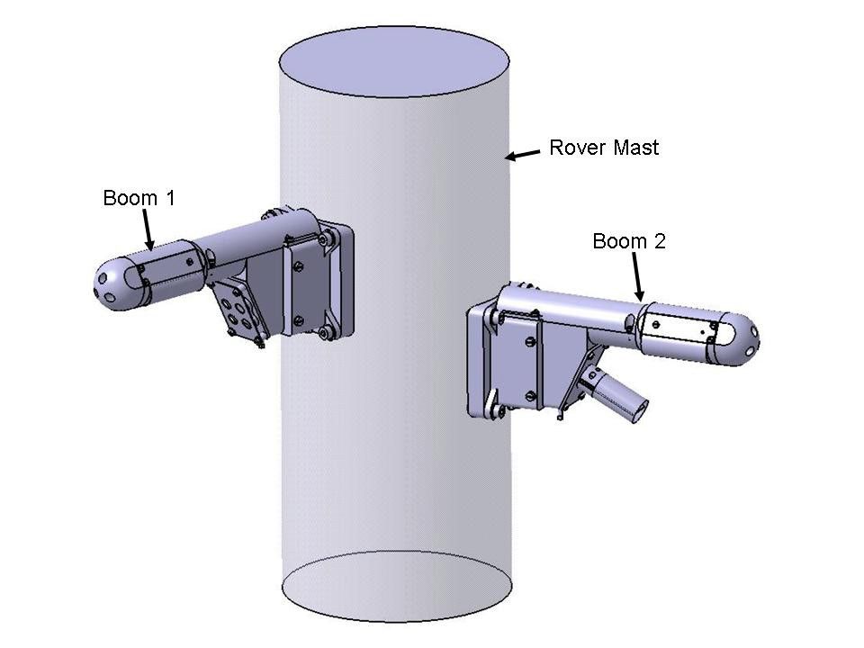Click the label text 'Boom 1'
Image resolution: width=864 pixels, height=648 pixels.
click(x=139, y=198)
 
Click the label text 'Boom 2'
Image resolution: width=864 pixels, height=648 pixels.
click(x=628, y=241)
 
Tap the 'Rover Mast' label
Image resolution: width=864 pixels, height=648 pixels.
click(x=604, y=148)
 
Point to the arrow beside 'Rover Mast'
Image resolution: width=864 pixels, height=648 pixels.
click(x=522, y=155)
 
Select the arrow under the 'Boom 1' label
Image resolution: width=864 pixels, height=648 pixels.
click(x=149, y=231)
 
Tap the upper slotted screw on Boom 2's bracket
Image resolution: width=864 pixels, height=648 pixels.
click(x=529, y=340)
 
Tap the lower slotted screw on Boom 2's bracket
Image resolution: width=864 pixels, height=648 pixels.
click(x=529, y=392)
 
